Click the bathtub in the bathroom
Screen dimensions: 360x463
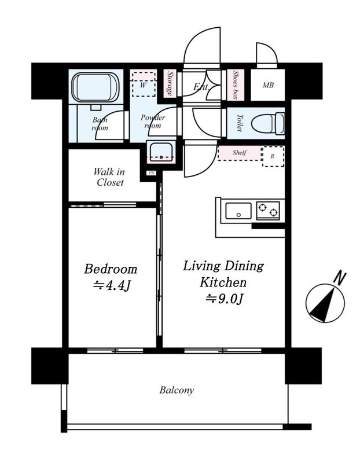pos(95,87)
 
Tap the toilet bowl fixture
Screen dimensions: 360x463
pos(268,123)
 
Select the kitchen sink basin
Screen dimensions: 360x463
pos(238,211)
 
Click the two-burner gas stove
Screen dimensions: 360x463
pos(268,211)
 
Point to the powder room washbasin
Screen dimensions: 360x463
pos(161,152)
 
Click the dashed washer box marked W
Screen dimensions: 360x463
pos(144,84)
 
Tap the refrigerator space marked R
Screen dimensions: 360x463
pos(273,156)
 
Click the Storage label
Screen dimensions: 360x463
pos(170,83)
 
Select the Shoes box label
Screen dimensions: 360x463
pos(236,84)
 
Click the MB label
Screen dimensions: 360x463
pos(268,85)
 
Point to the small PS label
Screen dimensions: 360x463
pos(152,173)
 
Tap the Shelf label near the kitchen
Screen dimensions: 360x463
pos(239,152)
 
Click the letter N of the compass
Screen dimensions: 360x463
pos(340,278)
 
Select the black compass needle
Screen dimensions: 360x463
pos(323,306)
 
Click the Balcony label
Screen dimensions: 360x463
pos(177,390)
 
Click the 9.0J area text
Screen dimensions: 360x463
pos(224,299)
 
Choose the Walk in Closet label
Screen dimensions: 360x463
pos(109,177)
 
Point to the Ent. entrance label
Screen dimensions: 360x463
pos(201,86)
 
